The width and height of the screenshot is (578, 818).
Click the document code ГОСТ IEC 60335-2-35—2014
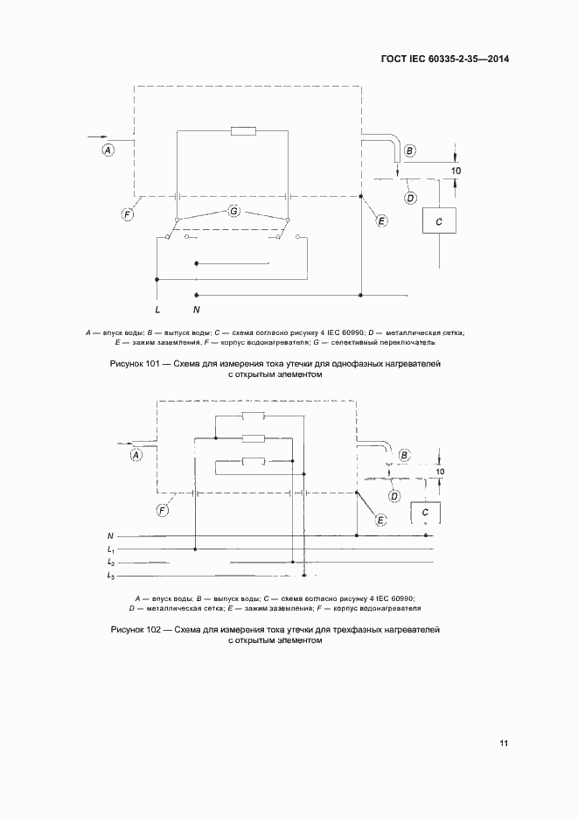click(445, 59)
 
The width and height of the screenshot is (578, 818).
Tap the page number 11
click(504, 744)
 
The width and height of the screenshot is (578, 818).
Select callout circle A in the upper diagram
click(108, 150)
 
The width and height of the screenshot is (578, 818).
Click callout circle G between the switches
click(233, 211)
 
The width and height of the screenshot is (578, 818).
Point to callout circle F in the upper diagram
click(128, 213)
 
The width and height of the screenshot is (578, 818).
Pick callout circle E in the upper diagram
click(381, 221)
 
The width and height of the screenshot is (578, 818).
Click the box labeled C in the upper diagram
click(439, 222)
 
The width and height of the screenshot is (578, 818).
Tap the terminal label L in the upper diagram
click(157, 310)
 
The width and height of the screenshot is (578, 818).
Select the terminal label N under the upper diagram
click(197, 310)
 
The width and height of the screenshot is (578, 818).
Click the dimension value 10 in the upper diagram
click(456, 171)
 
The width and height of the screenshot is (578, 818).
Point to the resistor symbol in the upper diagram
click(242, 132)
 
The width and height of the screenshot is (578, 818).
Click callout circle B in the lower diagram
click(404, 455)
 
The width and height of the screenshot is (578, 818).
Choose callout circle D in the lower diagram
click(394, 496)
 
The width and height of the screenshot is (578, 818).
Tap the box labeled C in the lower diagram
click(425, 512)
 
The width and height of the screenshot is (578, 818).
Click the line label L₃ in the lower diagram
click(111, 576)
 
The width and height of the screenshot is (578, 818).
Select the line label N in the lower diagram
click(110, 535)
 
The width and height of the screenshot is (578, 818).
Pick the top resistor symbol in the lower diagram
click(253, 416)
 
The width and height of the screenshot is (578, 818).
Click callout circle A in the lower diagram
click(136, 454)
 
